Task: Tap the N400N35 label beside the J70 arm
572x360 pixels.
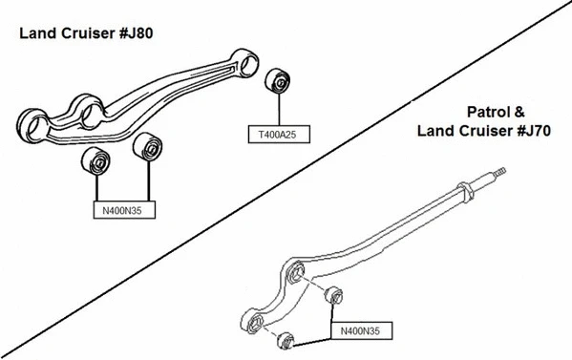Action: tap(362, 331)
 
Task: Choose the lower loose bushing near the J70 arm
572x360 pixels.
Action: tap(284, 338)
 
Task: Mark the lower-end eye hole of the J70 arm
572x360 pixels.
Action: tap(256, 322)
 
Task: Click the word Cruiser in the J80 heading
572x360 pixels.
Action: tap(82, 33)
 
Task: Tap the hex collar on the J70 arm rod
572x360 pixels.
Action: tap(468, 194)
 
